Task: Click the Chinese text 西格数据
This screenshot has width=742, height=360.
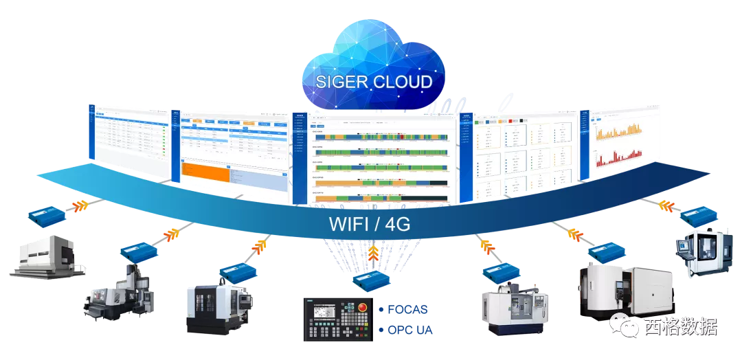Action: [680, 326]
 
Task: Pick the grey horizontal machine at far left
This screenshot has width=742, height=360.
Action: [48, 258]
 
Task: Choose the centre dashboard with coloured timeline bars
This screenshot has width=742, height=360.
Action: [375, 157]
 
